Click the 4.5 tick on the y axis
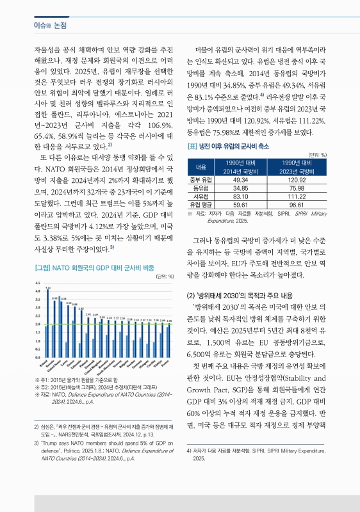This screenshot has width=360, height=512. click(38, 283)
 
